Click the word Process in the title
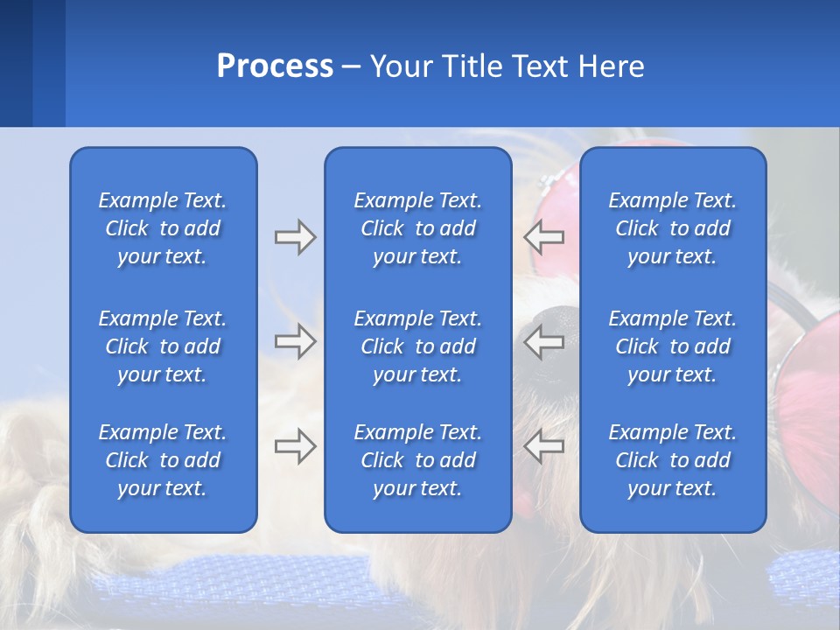point(275,66)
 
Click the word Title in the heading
point(470,66)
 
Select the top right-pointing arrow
point(295,237)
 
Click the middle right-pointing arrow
point(295,341)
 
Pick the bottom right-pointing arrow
point(295,446)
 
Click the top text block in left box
point(163,228)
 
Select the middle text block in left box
point(163,346)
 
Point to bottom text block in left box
point(163,460)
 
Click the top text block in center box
point(418,228)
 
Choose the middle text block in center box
point(418,346)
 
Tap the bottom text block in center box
point(418,460)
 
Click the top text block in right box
point(673,228)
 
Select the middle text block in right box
point(673,346)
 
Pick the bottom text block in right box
point(673,460)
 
